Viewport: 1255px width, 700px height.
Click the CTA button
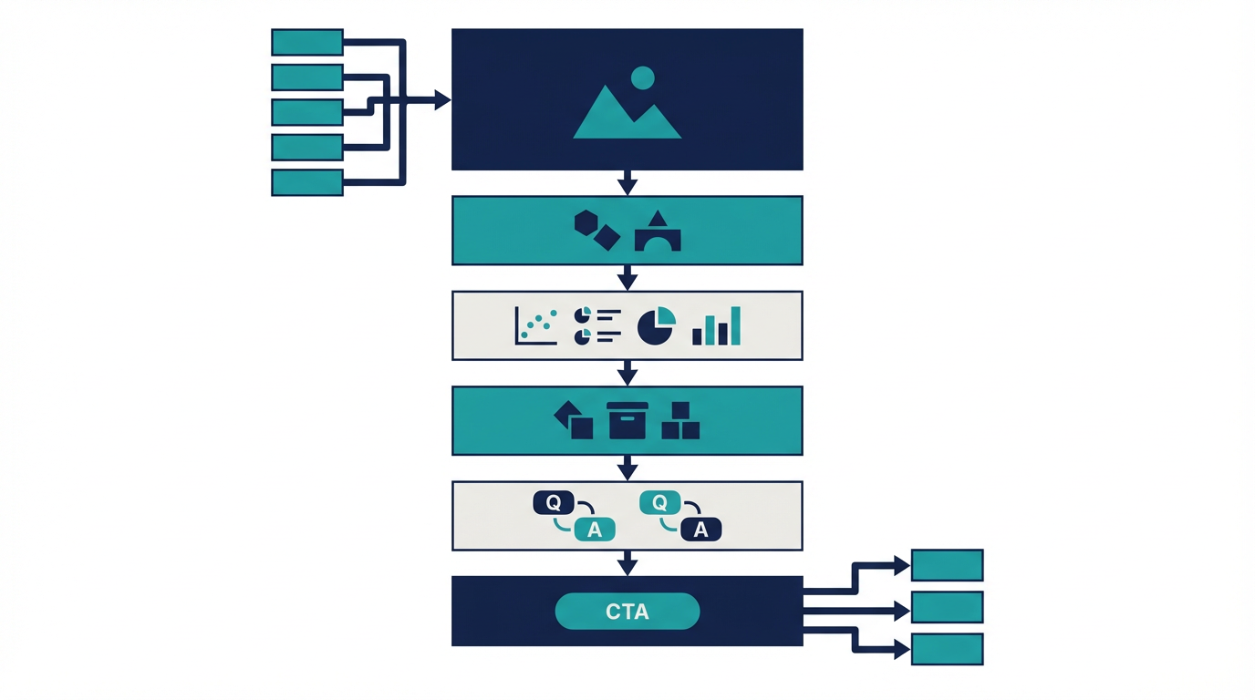click(627, 611)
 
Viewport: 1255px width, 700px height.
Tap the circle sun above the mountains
click(643, 77)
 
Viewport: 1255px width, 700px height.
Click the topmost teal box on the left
click(307, 42)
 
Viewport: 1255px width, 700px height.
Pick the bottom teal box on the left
click(307, 182)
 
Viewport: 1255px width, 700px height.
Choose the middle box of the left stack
click(307, 112)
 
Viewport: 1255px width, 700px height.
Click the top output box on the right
click(947, 565)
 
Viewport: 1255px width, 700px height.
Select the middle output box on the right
click(947, 607)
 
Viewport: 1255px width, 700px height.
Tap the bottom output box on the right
click(947, 649)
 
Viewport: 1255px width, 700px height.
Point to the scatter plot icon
click(536, 325)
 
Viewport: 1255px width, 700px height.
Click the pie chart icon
click(656, 325)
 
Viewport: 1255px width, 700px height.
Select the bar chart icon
click(717, 326)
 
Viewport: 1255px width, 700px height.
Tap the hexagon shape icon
click(586, 221)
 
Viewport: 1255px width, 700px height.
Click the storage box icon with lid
click(627, 420)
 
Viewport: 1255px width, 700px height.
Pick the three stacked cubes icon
click(680, 421)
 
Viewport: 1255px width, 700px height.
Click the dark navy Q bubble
click(553, 501)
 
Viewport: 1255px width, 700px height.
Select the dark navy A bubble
click(700, 530)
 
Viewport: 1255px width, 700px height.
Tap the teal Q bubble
click(660, 501)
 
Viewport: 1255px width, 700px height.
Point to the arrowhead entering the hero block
click(442, 99)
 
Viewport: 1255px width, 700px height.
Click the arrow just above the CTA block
click(627, 565)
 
